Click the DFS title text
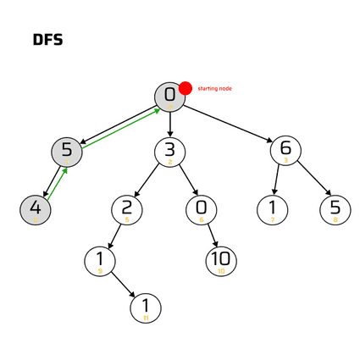pos(47,40)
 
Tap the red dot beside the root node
pos(186,87)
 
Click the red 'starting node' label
pos(215,88)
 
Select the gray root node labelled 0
pos(169,96)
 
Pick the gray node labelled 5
pos(67,152)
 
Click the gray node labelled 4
pos(36,208)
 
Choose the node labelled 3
pos(169,152)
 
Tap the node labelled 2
pos(126,208)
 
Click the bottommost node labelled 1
pos(146,307)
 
